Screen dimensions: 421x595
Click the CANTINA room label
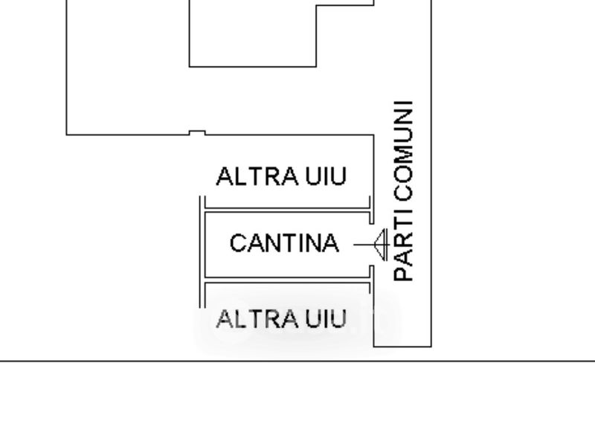(284, 243)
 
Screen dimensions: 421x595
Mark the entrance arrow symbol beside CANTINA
(381, 243)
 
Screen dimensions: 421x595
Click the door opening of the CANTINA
(371, 243)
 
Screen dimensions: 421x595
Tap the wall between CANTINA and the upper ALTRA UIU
(286, 209)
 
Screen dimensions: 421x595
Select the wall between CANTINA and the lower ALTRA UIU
(286, 280)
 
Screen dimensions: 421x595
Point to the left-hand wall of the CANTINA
(203, 244)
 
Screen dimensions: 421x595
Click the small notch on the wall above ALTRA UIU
(196, 132)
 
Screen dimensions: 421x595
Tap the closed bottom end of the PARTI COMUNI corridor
(402, 346)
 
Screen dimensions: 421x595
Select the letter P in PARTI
(402, 274)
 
